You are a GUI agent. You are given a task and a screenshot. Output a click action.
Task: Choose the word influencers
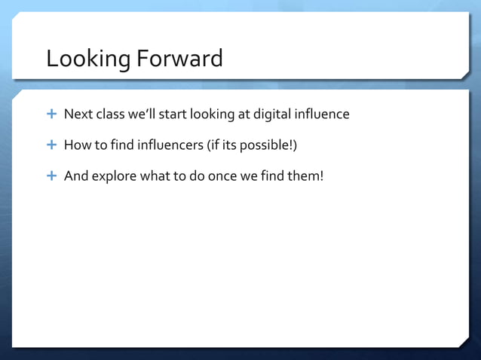(x=159, y=145)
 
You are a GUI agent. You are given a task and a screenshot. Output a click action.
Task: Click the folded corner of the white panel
(x=461, y=341)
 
